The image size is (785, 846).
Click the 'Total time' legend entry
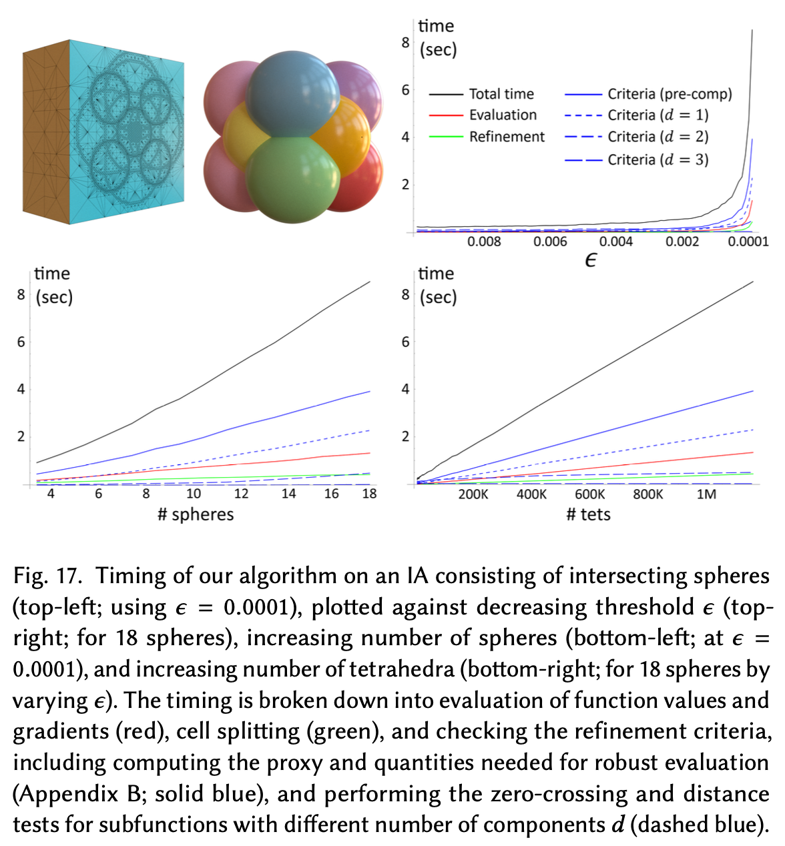pyautogui.click(x=501, y=94)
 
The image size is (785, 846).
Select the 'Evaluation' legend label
pyautogui.click(x=503, y=115)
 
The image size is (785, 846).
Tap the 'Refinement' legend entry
pyautogui.click(x=507, y=137)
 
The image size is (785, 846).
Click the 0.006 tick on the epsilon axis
pyautogui.click(x=550, y=242)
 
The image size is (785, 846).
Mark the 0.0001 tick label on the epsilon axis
pyautogui.click(x=748, y=242)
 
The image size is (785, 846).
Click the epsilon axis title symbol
pyautogui.click(x=590, y=260)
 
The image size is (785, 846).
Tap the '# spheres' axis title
pyautogui.click(x=196, y=514)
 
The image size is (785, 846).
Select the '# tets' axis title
pyautogui.click(x=588, y=514)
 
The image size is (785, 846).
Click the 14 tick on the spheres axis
pyautogui.click(x=288, y=494)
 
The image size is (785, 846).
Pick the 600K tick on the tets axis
pyautogui.click(x=590, y=494)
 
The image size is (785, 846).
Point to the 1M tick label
pyautogui.click(x=706, y=494)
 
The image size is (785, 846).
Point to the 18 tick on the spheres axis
pyautogui.click(x=369, y=494)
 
